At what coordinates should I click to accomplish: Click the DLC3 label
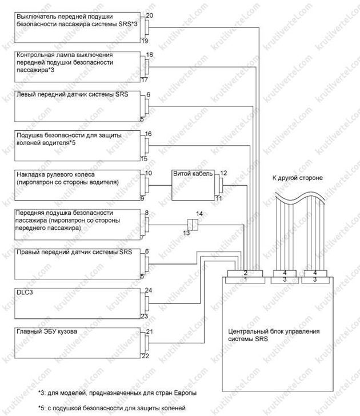[25, 293]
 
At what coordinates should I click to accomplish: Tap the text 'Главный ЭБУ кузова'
[47, 331]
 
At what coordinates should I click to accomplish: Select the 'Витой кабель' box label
[193, 174]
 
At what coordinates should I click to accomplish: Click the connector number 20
[149, 15]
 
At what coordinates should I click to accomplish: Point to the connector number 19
[145, 41]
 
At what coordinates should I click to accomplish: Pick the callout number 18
[149, 54]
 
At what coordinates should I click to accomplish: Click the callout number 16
[148, 134]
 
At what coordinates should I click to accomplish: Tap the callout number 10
[149, 173]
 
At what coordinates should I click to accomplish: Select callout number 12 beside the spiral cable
[223, 173]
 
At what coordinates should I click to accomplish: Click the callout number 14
[199, 213]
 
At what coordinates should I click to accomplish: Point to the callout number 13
[186, 233]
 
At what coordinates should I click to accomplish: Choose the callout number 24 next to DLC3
[149, 290]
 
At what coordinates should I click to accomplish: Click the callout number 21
[149, 331]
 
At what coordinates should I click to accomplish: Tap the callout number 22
[145, 356]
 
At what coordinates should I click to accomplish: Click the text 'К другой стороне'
[297, 178]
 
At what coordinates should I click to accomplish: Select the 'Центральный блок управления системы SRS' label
[274, 335]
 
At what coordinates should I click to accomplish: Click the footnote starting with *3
[117, 393]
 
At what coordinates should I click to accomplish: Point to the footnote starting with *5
[111, 408]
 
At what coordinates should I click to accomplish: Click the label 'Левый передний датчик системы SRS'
[72, 94]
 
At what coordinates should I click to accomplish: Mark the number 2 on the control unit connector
[245, 273]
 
